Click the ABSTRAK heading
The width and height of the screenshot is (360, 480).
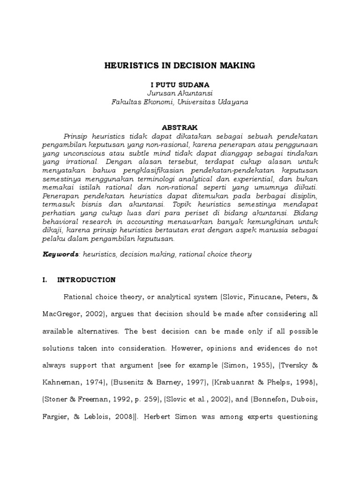point(180,127)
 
